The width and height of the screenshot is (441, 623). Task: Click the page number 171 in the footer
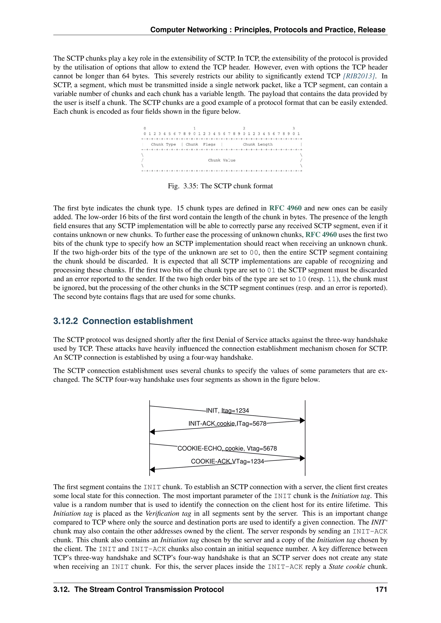[x=381, y=589]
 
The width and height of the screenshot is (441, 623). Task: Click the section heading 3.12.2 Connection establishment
[x=123, y=321]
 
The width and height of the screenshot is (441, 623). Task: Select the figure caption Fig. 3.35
[x=220, y=186]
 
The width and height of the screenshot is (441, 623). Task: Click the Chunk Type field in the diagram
[x=163, y=144]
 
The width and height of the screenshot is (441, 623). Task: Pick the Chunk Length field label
[x=258, y=144]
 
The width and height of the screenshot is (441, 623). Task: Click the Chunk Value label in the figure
[x=222, y=160]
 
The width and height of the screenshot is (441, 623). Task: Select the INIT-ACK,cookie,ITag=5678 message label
[x=228, y=424]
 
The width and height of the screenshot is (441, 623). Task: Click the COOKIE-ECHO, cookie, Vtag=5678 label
[x=227, y=449]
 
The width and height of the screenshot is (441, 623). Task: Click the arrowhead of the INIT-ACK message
[x=152, y=432]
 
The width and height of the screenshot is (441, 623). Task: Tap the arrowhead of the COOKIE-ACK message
[x=152, y=469]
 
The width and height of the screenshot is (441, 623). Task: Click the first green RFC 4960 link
[x=285, y=208]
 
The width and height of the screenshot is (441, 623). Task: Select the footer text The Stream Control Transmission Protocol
[x=149, y=589]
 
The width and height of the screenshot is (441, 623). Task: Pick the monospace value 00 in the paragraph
[x=254, y=253]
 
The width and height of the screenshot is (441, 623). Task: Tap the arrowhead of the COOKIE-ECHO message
[x=302, y=458]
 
